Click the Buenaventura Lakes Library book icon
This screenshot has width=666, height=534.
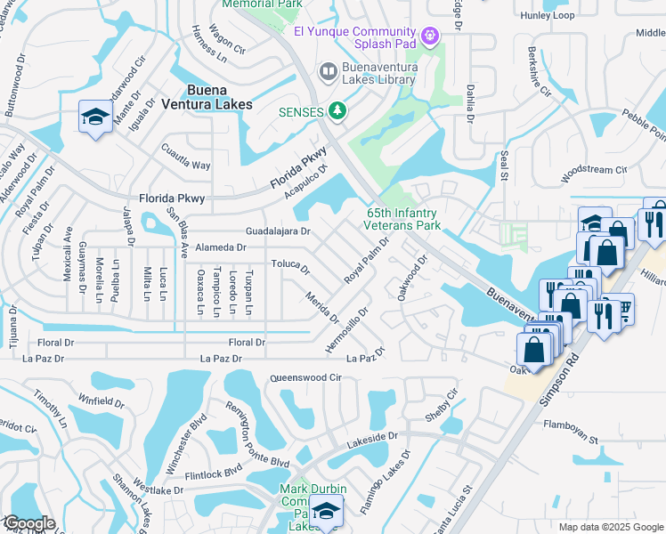[328, 70]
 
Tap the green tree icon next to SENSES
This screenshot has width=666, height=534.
[337, 110]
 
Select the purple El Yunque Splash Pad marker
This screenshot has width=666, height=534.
[430, 35]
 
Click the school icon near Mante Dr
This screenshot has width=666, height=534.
[95, 117]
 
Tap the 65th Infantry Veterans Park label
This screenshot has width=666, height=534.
[404, 219]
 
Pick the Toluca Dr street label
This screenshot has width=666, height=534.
[290, 266]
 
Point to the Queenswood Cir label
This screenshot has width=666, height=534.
[306, 377]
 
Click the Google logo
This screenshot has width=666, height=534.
[28, 523]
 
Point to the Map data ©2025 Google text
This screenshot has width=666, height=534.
[610, 526]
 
